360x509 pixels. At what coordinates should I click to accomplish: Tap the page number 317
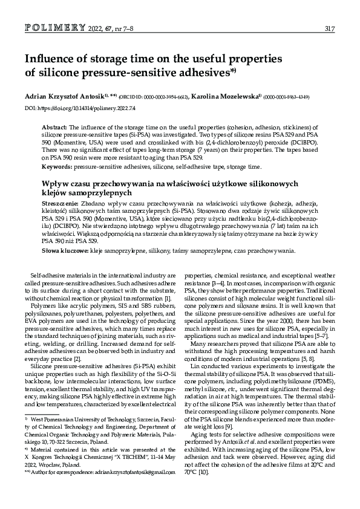click(330, 28)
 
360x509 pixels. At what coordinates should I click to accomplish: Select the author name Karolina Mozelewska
click(225, 96)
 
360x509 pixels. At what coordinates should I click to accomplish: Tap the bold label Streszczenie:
click(60, 204)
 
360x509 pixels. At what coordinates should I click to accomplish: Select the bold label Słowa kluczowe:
click(65, 250)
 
